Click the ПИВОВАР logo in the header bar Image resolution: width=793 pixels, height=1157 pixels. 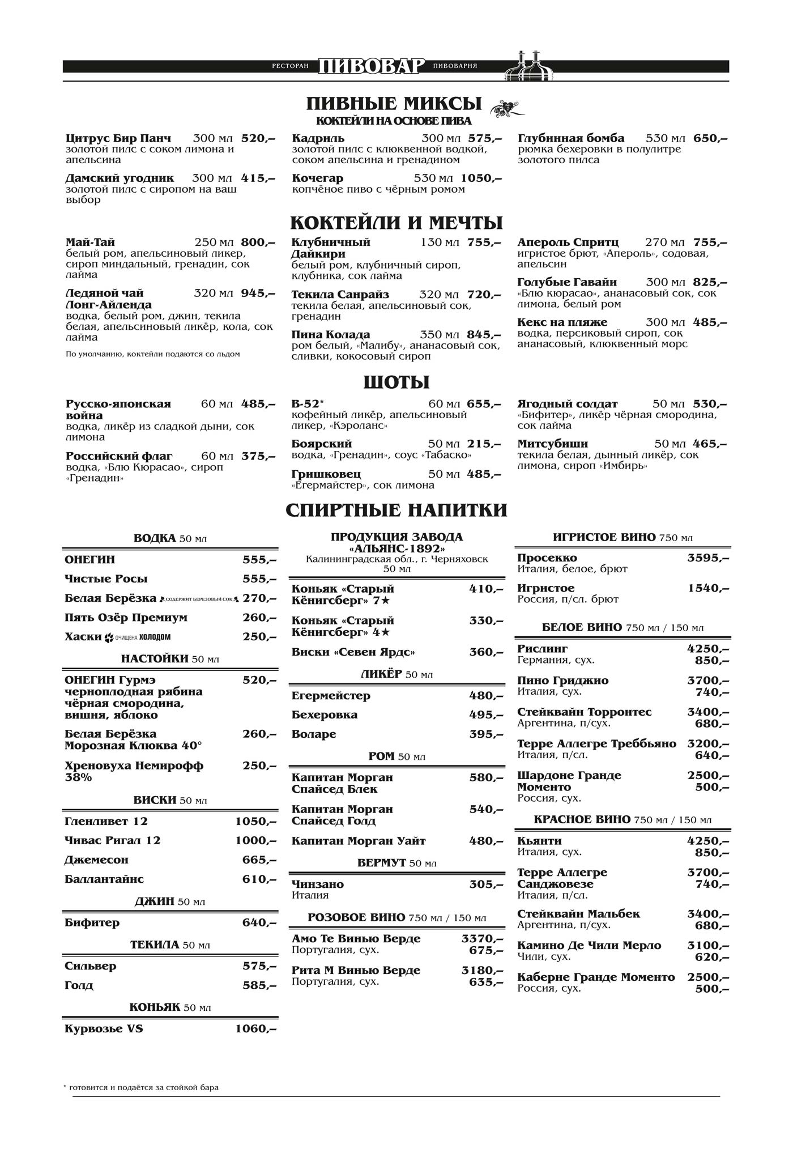click(370, 66)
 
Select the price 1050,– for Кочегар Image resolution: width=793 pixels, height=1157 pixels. click(481, 178)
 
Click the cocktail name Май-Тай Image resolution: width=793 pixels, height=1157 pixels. click(91, 243)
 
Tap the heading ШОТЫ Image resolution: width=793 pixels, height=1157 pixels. click(396, 382)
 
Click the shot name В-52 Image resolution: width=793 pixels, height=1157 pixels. click(306, 404)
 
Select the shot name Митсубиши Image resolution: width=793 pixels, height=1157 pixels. click(552, 444)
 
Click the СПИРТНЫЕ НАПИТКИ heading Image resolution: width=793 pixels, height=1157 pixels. click(396, 510)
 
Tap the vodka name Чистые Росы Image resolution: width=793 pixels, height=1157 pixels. click(106, 578)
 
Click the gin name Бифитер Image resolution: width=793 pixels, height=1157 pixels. click(92, 922)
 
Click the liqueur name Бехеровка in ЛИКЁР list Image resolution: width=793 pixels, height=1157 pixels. click(325, 714)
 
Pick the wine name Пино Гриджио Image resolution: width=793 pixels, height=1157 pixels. click(562, 680)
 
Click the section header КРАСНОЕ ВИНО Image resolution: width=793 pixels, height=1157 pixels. click(582, 819)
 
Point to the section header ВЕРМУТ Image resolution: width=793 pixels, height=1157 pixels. click(382, 862)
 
